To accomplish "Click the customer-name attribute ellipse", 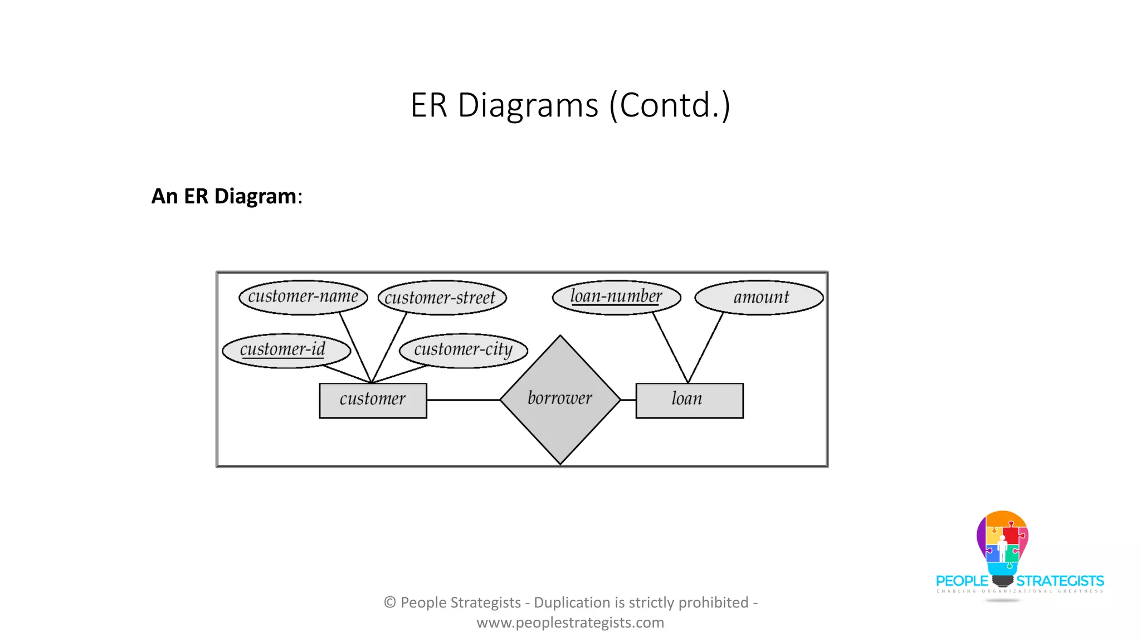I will (303, 297).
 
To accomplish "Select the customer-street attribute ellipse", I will (442, 298).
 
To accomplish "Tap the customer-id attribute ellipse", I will (286, 351).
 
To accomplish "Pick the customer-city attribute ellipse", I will (463, 351).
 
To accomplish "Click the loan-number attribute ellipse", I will (616, 297).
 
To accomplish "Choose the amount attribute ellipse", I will (759, 298).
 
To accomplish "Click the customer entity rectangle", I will (373, 400).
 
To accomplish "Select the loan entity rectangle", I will (689, 400).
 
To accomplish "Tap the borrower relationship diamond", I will (560, 400).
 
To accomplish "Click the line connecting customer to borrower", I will (463, 400).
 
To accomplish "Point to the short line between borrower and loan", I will (628, 400).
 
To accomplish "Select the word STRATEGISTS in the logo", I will (1060, 581).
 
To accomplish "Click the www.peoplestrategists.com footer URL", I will (570, 622).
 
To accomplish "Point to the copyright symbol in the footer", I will (390, 602).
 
